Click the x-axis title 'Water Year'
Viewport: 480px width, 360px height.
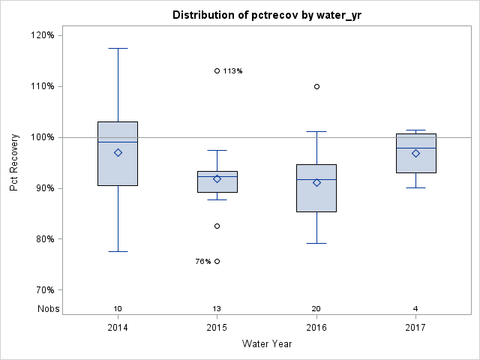tap(267, 344)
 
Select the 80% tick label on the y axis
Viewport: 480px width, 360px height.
tap(41, 239)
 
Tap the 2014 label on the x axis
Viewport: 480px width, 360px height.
tap(118, 328)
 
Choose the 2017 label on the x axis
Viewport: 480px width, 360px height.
tap(415, 328)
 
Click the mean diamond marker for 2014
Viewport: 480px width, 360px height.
tap(118, 152)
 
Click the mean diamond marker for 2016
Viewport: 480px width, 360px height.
tap(316, 182)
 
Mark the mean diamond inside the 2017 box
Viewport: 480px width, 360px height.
tap(415, 153)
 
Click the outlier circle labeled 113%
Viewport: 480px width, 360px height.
tap(217, 70)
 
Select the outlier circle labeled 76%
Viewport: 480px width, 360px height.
tap(217, 261)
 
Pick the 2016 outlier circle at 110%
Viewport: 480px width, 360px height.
tap(316, 86)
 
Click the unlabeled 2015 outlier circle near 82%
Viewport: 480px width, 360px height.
tap(217, 226)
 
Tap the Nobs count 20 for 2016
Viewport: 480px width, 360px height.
tap(316, 309)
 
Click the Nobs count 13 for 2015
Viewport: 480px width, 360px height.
tap(217, 309)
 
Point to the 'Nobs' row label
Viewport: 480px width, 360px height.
tap(46, 309)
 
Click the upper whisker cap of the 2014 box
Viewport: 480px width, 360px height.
tap(118, 48)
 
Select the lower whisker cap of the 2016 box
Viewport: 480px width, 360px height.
tap(316, 243)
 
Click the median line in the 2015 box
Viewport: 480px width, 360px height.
tap(217, 176)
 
